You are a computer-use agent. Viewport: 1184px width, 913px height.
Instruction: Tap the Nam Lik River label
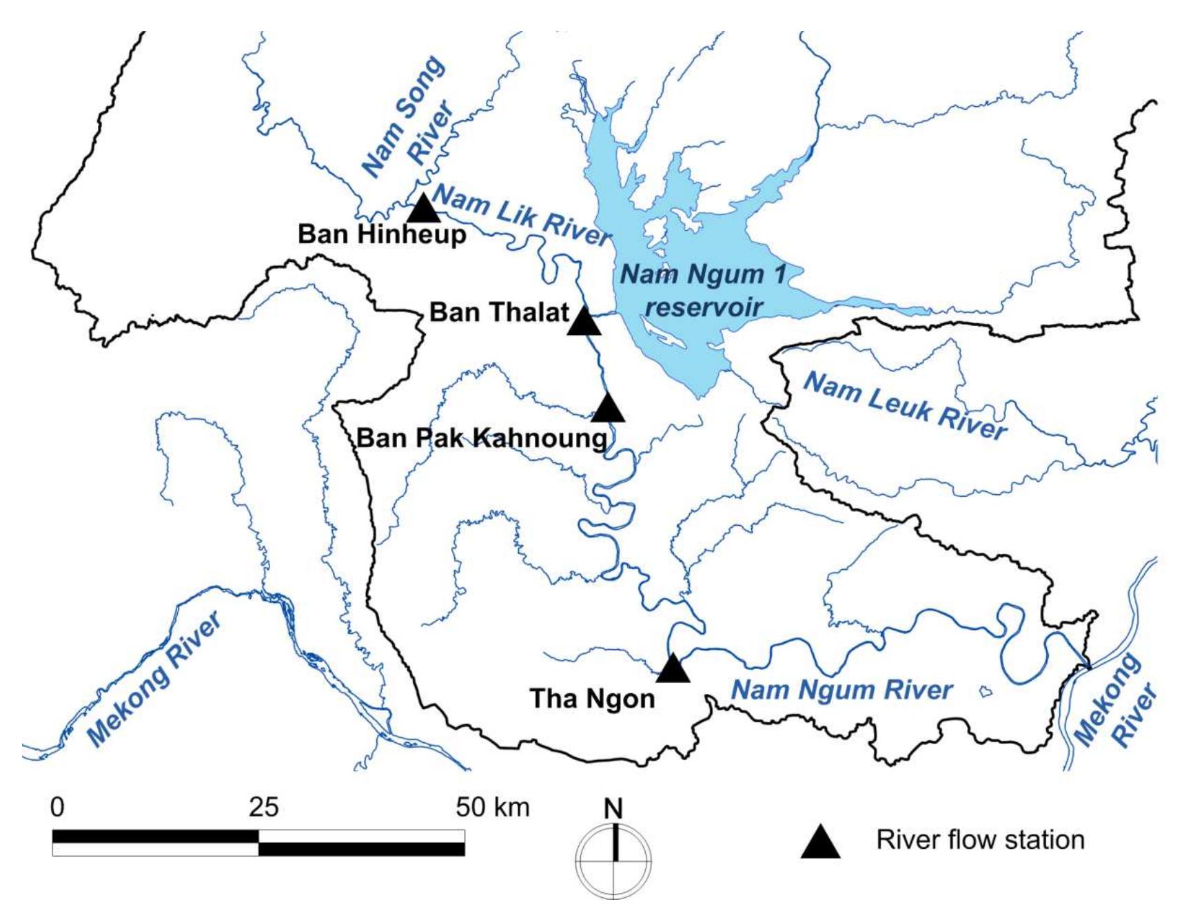point(522,215)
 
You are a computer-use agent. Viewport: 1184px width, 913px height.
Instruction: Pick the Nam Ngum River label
point(841,690)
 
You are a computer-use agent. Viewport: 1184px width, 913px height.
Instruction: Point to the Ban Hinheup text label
point(382,234)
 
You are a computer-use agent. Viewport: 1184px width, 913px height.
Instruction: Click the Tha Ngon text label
point(592,699)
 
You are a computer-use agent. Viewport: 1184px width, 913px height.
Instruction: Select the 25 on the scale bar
point(263,806)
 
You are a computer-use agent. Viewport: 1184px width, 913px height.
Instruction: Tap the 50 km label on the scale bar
point(492,806)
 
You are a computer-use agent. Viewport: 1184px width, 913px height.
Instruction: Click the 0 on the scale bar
point(57,806)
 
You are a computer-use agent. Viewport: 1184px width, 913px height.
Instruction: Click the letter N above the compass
point(613,808)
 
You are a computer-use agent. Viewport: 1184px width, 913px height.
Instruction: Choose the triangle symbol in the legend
point(820,842)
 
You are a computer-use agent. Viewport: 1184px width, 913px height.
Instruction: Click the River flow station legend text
point(980,840)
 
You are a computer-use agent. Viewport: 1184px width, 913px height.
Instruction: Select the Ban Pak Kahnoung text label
point(482,438)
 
